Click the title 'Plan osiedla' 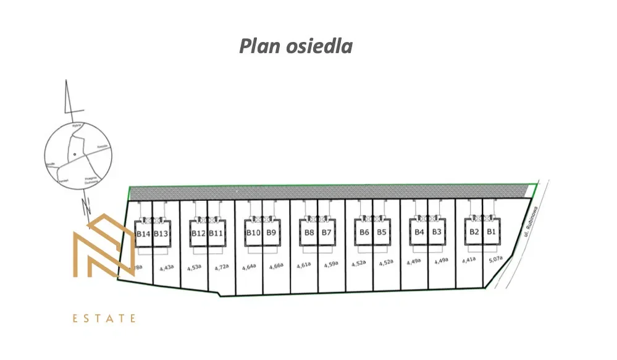click(295, 46)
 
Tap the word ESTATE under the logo click(104, 319)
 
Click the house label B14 click(143, 233)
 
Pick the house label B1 click(492, 232)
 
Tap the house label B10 click(253, 233)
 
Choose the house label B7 click(327, 233)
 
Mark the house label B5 click(382, 233)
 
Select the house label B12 click(198, 233)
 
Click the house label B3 click(437, 232)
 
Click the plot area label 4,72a click(221, 267)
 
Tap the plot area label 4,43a click(166, 268)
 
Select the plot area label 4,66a click(276, 266)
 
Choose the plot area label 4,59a click(331, 264)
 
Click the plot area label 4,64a click(249, 267)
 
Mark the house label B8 click(309, 233)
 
